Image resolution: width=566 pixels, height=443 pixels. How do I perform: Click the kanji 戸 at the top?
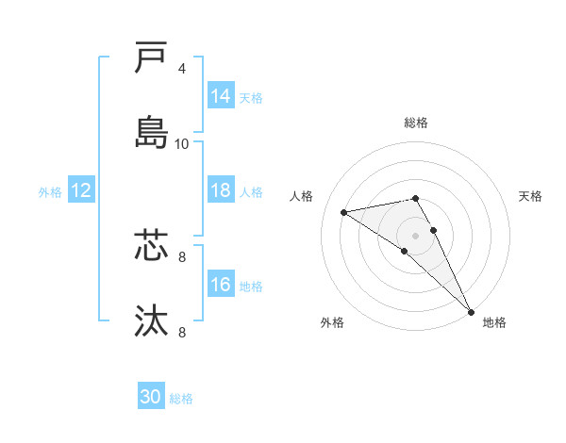coord(151,59)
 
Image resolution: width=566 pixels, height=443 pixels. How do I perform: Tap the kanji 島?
coord(151,132)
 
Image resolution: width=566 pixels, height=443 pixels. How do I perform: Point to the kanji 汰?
coord(151,320)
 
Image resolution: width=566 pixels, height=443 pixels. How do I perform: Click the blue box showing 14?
coord(221,95)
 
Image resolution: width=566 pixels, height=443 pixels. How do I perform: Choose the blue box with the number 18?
coord(221,190)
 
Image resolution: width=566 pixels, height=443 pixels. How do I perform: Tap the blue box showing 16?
coord(221,285)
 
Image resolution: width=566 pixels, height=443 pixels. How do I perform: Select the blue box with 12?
coord(81,190)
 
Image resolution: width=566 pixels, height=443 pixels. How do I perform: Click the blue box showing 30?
coord(151,397)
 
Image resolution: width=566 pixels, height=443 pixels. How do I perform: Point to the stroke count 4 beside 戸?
coord(182,68)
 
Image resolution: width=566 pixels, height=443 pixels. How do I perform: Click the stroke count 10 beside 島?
coord(182,143)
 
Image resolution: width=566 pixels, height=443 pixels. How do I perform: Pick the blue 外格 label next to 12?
coord(50,191)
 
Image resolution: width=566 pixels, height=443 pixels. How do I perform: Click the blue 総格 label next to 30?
coord(181,399)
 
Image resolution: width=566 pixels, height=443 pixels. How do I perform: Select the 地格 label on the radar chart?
coord(494,322)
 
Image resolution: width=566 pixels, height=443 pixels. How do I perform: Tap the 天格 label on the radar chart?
coord(531,196)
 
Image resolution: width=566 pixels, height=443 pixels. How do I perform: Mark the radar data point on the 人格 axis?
coord(344,212)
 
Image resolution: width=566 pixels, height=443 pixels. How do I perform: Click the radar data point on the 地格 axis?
coord(471,312)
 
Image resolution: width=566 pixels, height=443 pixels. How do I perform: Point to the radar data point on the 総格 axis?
coord(415,198)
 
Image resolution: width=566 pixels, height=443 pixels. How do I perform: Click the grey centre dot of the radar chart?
coord(415,235)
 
